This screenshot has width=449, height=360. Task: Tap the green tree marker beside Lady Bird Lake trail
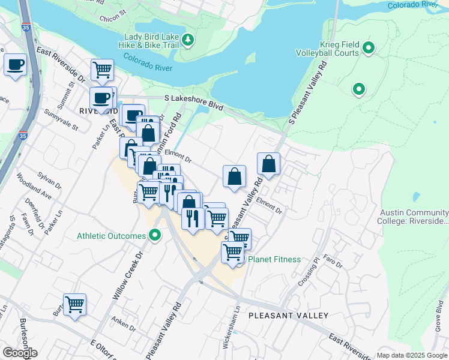tap(189, 40)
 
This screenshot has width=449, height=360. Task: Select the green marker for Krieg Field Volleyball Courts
tap(369, 47)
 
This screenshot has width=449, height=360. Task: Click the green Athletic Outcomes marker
tap(155, 235)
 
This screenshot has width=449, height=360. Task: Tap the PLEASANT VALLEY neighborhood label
tap(288, 315)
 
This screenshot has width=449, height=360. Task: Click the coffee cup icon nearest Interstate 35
tap(16, 64)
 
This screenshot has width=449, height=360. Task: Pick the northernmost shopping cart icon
tap(103, 69)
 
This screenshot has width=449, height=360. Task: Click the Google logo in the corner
tap(20, 353)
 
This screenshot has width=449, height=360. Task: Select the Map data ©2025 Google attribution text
tap(412, 355)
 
